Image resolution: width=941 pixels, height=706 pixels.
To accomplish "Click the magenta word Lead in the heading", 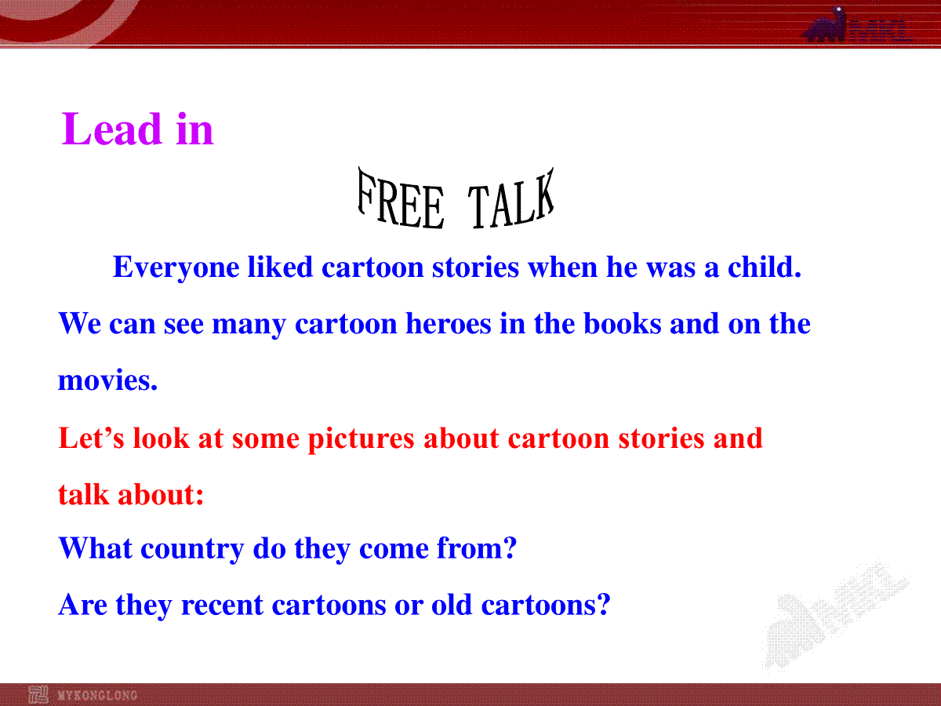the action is coord(111,129).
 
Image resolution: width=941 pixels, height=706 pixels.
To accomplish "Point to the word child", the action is coord(765,267).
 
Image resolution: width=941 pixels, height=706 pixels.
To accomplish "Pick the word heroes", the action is coord(449,324).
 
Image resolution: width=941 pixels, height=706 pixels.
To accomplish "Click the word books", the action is coord(623,324).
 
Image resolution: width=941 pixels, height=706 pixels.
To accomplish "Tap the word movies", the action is coord(107,380).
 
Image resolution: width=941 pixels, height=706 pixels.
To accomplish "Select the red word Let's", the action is coord(91,438).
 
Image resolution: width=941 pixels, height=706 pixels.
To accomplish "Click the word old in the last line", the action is coord(452,604).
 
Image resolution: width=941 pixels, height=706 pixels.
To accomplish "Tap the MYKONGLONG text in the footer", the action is coord(97,695).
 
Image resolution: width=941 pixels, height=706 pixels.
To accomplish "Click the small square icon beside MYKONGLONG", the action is coord(38,695).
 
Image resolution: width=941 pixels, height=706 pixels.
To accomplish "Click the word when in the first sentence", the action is coord(562,267).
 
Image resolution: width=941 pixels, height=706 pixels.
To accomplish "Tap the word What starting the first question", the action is coord(96,548).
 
